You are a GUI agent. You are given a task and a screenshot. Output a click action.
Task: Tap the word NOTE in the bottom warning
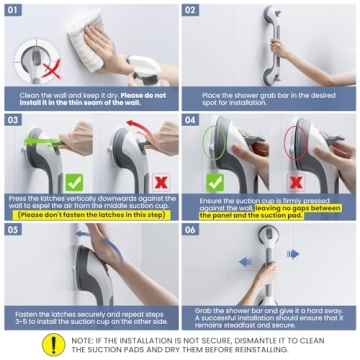click(82, 337)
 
